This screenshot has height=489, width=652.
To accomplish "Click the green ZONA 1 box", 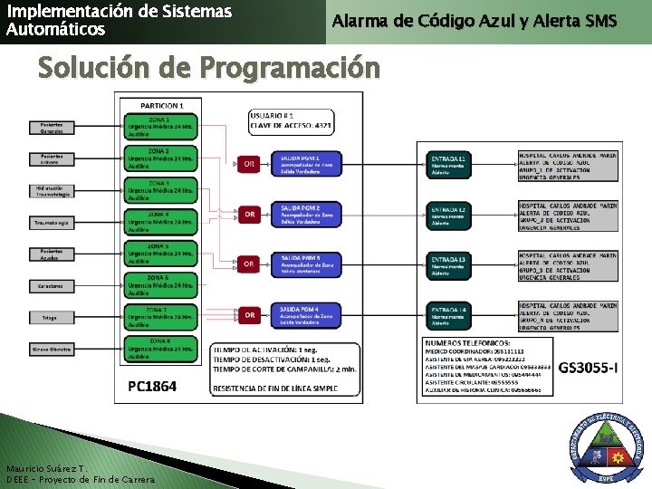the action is [160, 129].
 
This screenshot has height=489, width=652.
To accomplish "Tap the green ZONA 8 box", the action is [160, 349].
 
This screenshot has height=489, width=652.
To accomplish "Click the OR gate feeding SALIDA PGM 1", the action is [249, 164].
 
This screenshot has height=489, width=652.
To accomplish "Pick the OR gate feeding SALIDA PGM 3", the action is [249, 264].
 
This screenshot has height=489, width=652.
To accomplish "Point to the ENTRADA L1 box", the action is [449, 164].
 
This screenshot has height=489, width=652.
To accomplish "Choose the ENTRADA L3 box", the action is [449, 264].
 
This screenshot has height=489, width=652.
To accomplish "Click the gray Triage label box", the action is [50, 318].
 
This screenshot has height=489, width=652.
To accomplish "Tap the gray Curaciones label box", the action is [50, 286].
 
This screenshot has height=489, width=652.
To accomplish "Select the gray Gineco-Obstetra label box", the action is [50, 349].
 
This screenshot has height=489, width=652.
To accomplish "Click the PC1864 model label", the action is [152, 387].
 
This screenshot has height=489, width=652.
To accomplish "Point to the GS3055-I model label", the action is [588, 367].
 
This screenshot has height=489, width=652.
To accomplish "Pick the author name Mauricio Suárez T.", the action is [45, 468].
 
